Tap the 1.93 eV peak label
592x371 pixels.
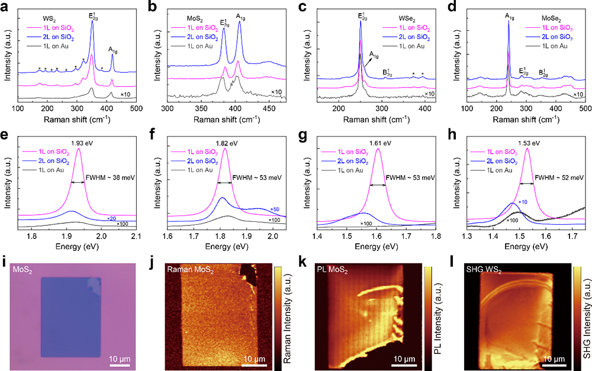click(78, 144)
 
